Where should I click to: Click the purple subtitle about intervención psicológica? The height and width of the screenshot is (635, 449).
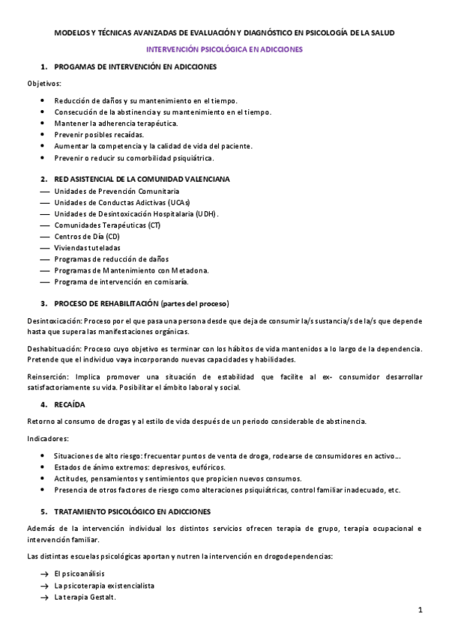tap(224, 49)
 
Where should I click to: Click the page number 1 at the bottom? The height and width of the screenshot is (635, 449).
tap(421, 610)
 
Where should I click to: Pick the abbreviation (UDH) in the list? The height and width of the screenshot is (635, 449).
tap(205, 213)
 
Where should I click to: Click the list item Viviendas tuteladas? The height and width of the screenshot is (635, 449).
tap(86, 247)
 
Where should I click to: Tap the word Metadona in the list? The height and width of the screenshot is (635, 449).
tap(189, 270)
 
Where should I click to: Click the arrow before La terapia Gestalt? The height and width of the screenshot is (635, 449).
tap(44, 597)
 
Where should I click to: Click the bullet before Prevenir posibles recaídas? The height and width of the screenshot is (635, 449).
tap(44, 135)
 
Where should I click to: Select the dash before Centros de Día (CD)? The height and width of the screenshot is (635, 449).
tap(44, 236)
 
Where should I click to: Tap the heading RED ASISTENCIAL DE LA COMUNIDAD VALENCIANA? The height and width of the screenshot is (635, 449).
tap(142, 180)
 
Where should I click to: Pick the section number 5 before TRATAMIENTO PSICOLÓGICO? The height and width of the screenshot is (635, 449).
tap(43, 511)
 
